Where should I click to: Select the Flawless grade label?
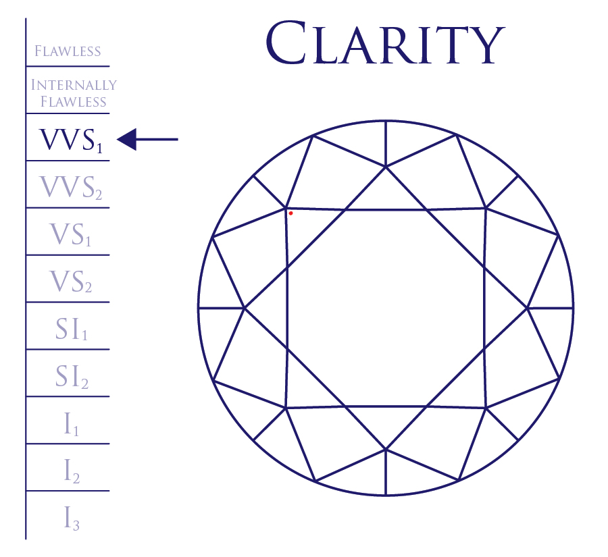tap(68, 51)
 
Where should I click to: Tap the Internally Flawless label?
tap(74, 93)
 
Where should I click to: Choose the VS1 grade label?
tap(70, 234)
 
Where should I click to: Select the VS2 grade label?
tap(70, 282)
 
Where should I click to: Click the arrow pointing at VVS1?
tap(147, 140)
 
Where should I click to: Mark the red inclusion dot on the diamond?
tap(290, 213)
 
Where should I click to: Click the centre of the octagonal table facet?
tap(386, 308)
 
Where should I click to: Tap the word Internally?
tap(74, 86)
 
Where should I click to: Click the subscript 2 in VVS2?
tap(98, 195)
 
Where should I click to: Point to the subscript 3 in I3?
tap(76, 525)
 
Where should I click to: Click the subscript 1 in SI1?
tap(85, 336)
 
